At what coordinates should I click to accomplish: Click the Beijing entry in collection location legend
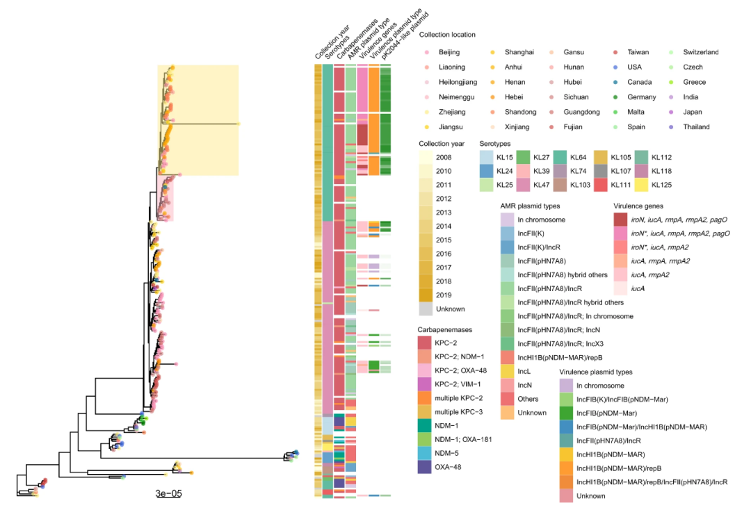[x=449, y=52]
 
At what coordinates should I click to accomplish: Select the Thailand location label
[x=697, y=127]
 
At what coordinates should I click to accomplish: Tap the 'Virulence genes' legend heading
[x=639, y=206]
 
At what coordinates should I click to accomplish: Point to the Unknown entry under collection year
[x=451, y=309]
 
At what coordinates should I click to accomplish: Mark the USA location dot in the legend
[x=616, y=67]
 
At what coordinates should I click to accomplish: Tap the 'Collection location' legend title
[x=447, y=34]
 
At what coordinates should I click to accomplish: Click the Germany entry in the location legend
[x=616, y=97]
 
